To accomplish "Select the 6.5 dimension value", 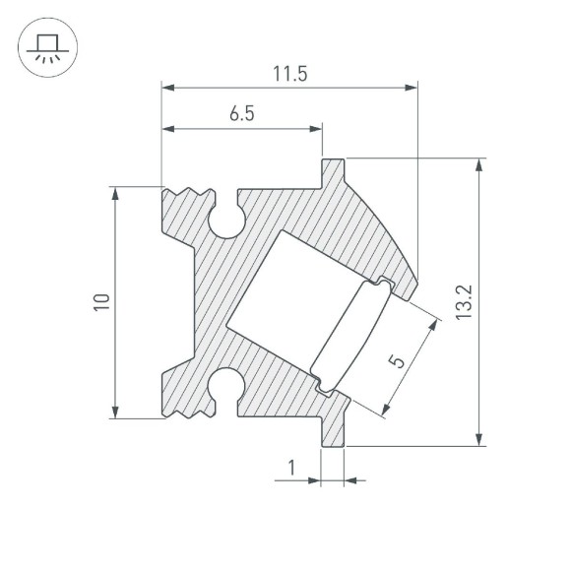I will tap(242, 114).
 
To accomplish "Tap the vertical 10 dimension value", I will tap(100, 302).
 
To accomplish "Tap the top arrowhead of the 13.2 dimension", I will tap(479, 163).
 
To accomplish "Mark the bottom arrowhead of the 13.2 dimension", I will tap(479, 440).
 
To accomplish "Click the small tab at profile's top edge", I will tap(333, 171).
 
